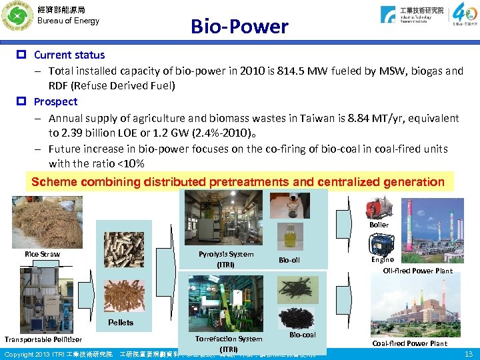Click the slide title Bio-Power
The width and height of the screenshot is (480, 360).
click(x=239, y=26)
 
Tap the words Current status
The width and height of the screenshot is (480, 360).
click(x=69, y=55)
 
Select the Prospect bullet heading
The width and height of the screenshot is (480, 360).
click(x=55, y=101)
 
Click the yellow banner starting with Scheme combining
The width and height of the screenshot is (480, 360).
click(x=238, y=181)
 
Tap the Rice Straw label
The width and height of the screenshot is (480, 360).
click(x=42, y=254)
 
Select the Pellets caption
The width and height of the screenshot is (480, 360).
click(x=121, y=322)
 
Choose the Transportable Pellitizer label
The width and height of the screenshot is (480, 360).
click(x=43, y=339)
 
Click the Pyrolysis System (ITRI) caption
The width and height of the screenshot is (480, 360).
click(x=226, y=259)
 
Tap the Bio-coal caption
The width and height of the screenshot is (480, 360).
click(x=303, y=335)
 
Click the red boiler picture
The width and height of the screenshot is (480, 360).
click(x=379, y=208)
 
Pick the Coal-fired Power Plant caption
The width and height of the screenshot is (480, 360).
click(x=409, y=343)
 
